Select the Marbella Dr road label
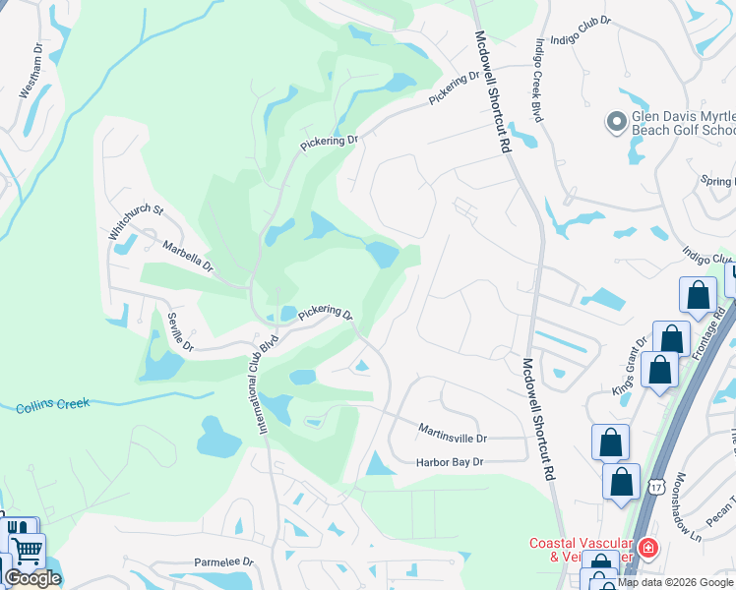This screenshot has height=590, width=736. coord(188,258)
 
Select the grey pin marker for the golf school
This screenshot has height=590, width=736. coord(617,122)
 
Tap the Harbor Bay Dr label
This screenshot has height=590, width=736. coord(451,461)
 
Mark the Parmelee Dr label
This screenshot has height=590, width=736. coord(223,562)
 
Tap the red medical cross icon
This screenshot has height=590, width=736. coord(647,549)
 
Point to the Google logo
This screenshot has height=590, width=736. coord(32,578)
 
